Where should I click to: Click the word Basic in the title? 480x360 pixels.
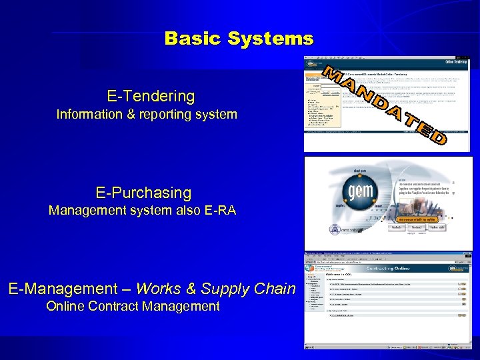pyautogui.click(x=193, y=38)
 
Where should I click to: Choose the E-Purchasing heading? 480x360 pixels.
pyautogui.click(x=143, y=193)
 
